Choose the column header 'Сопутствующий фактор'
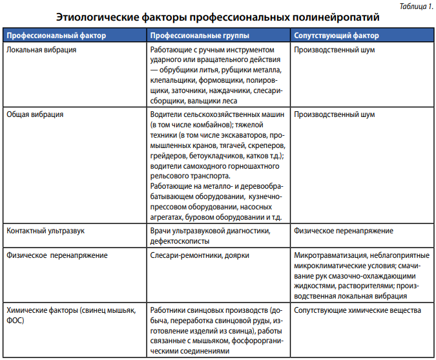(x=337, y=35)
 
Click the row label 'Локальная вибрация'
(x=41, y=49)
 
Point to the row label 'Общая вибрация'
(x=35, y=114)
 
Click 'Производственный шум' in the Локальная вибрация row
(x=334, y=49)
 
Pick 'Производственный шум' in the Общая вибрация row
(x=334, y=114)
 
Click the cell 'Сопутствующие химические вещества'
(x=357, y=310)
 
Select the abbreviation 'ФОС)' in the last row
(x=15, y=321)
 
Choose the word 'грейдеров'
(x=169, y=156)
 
